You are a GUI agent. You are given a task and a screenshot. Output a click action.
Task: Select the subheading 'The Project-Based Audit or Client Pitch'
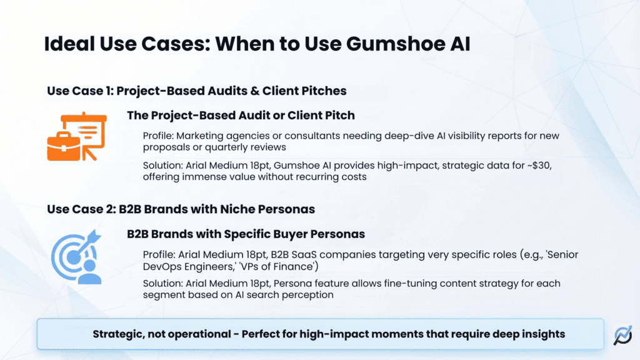pyautogui.click(x=241, y=115)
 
